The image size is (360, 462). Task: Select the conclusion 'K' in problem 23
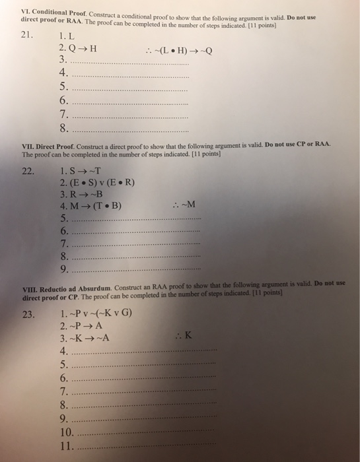click(170, 337)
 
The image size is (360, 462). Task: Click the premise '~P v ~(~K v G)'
click(99, 313)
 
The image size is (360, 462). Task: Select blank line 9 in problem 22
click(135, 270)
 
